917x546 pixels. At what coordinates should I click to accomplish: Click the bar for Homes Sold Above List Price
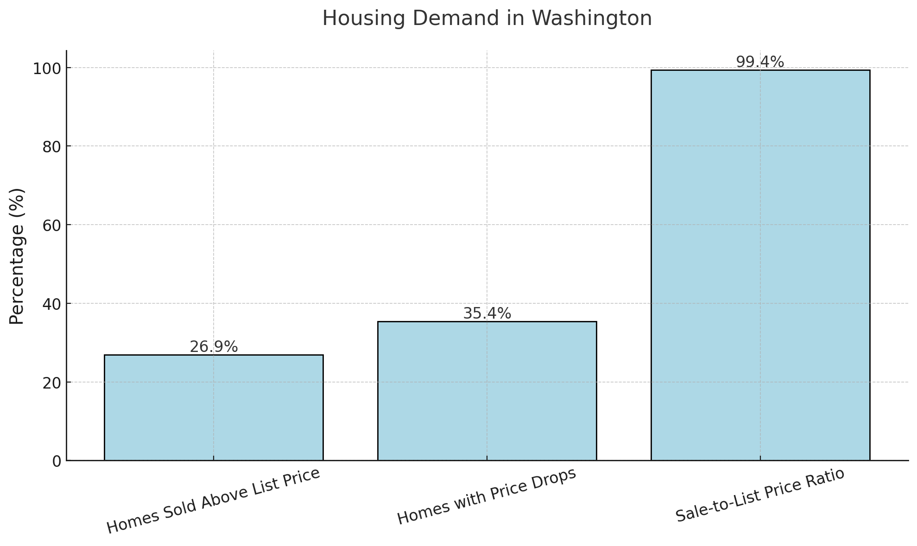[x=214, y=408]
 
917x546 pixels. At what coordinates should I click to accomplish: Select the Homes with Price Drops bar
[x=487, y=391]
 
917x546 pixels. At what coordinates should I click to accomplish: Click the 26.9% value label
[x=214, y=347]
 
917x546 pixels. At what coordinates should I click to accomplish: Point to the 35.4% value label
[x=487, y=314]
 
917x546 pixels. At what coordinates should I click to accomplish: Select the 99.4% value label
[x=760, y=62]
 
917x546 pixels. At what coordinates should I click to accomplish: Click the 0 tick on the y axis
[x=57, y=461]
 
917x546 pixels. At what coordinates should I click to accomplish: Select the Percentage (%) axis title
[x=17, y=256]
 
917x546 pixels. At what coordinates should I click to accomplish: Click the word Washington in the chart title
[x=592, y=19]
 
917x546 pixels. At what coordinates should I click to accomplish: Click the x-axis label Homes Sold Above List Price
[x=214, y=501]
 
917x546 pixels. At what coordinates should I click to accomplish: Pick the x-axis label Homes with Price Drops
[x=487, y=496]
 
